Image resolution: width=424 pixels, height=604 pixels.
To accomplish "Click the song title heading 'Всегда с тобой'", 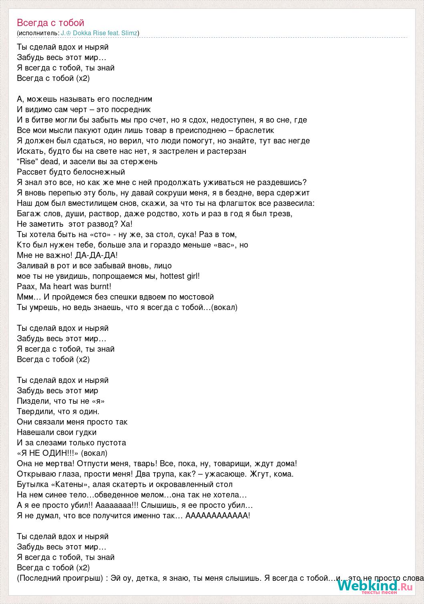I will pyautogui.click(x=50, y=23).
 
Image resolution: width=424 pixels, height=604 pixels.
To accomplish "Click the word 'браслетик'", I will pyautogui.click(x=255, y=130).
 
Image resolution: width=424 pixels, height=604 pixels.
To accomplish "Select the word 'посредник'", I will pyautogui.click(x=132, y=109).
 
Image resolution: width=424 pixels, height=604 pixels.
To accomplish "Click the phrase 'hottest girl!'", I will pyautogui.click(x=180, y=276).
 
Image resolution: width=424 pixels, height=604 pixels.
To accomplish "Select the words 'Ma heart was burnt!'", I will pyautogui.click(x=76, y=286).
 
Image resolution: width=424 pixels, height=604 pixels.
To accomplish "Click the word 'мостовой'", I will pyautogui.click(x=196, y=297).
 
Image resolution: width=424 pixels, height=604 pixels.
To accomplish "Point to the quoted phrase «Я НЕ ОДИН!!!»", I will pyautogui.click(x=48, y=453).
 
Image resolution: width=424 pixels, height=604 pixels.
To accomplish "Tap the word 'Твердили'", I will pyautogui.click(x=35, y=411).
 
